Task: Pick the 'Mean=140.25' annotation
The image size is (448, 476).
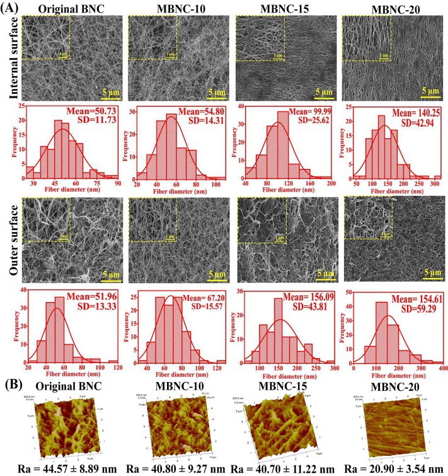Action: click(x=408, y=112)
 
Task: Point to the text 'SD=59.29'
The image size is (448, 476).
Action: click(x=410, y=306)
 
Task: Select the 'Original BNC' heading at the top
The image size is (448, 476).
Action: click(x=62, y=8)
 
